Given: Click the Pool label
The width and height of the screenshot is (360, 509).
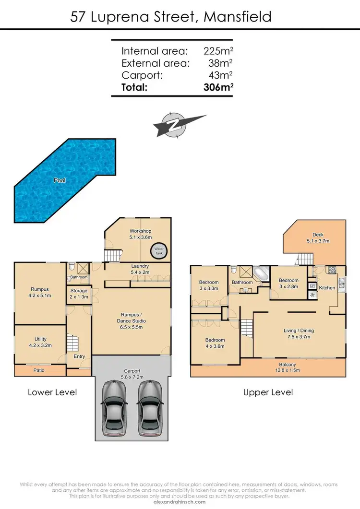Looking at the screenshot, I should [60, 181].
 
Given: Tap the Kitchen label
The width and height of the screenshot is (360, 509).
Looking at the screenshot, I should [327, 288].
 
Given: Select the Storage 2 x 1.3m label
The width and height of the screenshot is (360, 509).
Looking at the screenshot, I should [79, 294].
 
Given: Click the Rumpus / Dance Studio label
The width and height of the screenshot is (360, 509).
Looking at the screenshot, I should [131, 324].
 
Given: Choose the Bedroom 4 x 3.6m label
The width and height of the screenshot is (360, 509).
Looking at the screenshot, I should [215, 343].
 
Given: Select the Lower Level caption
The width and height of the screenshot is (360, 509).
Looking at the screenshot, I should [52, 392].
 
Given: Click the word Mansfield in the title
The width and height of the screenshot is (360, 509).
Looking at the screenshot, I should [238, 17].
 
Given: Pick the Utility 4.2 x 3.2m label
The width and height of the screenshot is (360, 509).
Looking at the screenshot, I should [40, 342].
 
